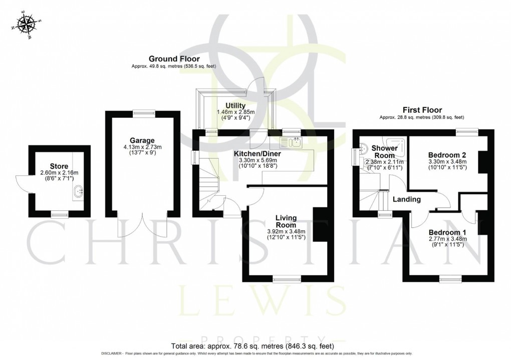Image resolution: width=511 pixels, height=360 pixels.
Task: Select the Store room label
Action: pos(59,166)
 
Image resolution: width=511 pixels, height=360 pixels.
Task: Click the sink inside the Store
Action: pos(79,190)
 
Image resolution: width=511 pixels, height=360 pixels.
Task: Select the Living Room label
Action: pos(286,221)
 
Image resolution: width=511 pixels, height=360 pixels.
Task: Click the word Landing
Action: pos(406,200)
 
